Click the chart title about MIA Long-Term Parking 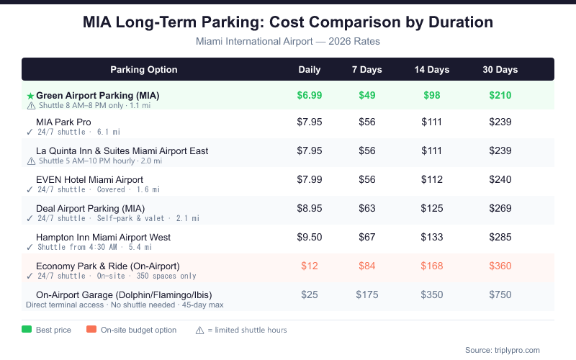tap(288, 22)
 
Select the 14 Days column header tap(431, 70)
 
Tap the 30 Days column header tap(500, 70)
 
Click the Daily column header tap(310, 70)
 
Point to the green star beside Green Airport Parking tap(30, 96)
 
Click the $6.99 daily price tap(310, 95)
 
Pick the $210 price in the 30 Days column tap(500, 95)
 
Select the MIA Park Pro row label tap(63, 122)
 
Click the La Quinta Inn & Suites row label tap(122, 150)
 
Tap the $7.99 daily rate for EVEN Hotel tap(310, 179)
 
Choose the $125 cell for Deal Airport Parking tap(431, 208)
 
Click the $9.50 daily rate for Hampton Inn tap(310, 237)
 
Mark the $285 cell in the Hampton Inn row tap(500, 237)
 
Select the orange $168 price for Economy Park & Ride tap(431, 266)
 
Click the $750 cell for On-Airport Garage tap(500, 294)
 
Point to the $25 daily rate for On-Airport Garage tap(310, 294)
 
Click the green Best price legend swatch tap(27, 330)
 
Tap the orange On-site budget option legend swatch tap(91, 330)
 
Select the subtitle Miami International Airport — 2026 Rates tap(288, 41)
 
